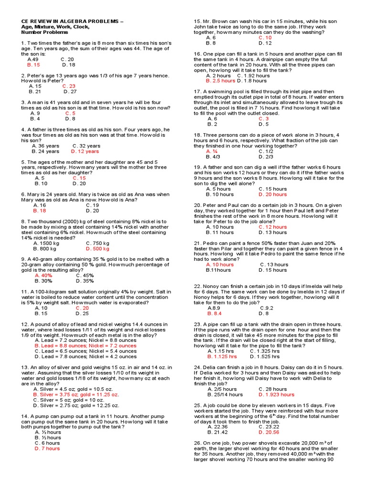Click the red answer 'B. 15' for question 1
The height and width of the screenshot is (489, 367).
point(34,65)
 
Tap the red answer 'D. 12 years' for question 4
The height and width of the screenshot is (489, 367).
point(85,151)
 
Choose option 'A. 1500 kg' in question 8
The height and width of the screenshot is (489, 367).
point(46,243)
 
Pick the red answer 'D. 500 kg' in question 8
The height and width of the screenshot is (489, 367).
point(98,249)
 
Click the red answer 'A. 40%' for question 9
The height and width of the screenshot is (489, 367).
point(43,276)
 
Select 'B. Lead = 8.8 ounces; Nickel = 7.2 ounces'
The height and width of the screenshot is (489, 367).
point(86,346)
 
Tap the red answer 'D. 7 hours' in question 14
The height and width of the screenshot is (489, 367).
point(47,448)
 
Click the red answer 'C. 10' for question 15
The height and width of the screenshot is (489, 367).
point(265,37)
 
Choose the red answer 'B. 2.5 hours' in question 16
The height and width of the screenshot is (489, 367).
point(220,81)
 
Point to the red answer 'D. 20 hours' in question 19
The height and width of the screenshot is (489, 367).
point(273,194)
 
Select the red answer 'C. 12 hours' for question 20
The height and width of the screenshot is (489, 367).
point(273,227)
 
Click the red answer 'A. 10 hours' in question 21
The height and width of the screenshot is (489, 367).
point(220,265)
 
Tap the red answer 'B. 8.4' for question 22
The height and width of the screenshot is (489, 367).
point(215,314)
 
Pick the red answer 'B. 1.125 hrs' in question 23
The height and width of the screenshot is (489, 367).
point(222,356)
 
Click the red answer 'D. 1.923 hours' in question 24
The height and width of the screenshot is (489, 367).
point(277,395)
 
